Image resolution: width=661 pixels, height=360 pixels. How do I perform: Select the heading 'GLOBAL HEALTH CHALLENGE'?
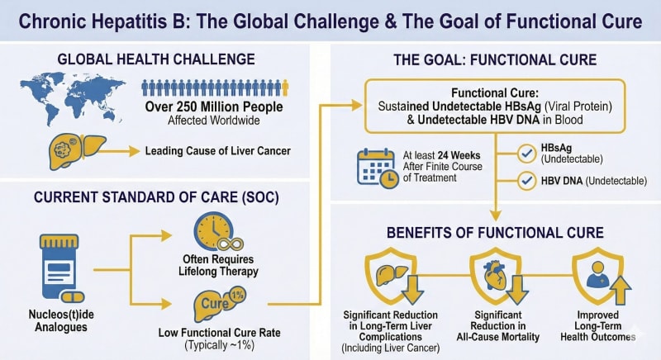click(156, 59)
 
